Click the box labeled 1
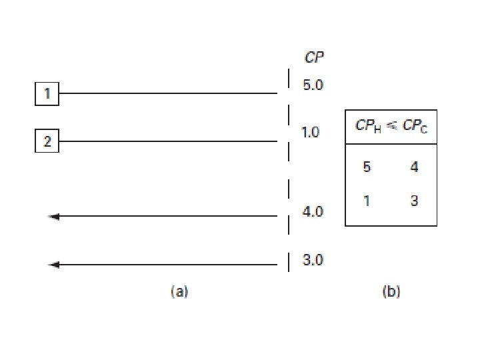click(x=47, y=94)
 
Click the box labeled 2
click(x=47, y=142)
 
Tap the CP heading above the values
click(x=314, y=58)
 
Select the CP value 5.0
click(x=313, y=86)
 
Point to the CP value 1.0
click(x=311, y=133)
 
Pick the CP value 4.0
click(x=313, y=212)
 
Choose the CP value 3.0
click(x=313, y=260)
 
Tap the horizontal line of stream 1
click(x=167, y=94)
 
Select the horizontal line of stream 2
click(x=167, y=142)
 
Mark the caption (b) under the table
click(x=391, y=291)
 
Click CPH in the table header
click(x=366, y=127)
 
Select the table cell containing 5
click(x=367, y=167)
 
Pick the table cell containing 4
click(x=414, y=167)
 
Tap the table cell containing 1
click(x=367, y=200)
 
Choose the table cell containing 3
click(x=414, y=200)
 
